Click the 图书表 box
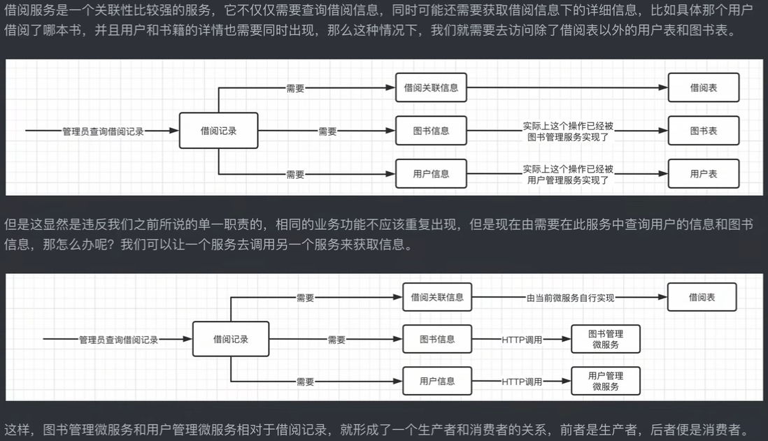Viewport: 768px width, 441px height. [703, 131]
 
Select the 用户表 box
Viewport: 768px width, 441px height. [703, 173]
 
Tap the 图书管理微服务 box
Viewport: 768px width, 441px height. [605, 340]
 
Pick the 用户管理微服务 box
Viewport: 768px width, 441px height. [605, 381]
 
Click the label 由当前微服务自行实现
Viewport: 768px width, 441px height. [570, 298]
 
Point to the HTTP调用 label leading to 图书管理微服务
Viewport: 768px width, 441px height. [522, 340]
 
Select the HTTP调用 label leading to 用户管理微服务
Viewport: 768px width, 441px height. [522, 382]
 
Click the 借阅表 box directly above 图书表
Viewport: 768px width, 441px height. [703, 88]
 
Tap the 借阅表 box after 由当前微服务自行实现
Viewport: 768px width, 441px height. [702, 297]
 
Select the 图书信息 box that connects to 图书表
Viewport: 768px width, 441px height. [431, 131]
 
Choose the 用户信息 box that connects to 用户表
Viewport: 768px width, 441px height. [431, 173]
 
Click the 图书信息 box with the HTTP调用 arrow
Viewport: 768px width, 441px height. [437, 339]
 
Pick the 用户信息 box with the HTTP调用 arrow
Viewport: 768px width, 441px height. [437, 381]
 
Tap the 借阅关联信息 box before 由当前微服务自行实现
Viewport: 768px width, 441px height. [437, 297]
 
